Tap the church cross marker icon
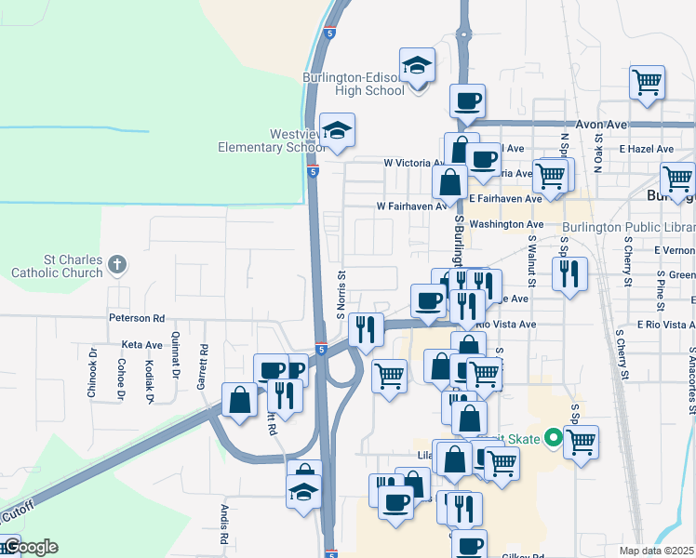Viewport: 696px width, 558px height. pyautogui.click(x=116, y=264)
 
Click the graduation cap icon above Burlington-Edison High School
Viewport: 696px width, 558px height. pyautogui.click(x=418, y=66)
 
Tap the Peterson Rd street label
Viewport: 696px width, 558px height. pyautogui.click(x=136, y=317)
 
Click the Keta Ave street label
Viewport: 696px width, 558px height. pyautogui.click(x=141, y=344)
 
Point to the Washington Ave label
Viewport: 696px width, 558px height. pyautogui.click(x=506, y=224)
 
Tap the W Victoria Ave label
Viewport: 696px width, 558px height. pyautogui.click(x=415, y=162)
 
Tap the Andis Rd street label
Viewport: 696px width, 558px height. pyautogui.click(x=224, y=525)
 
